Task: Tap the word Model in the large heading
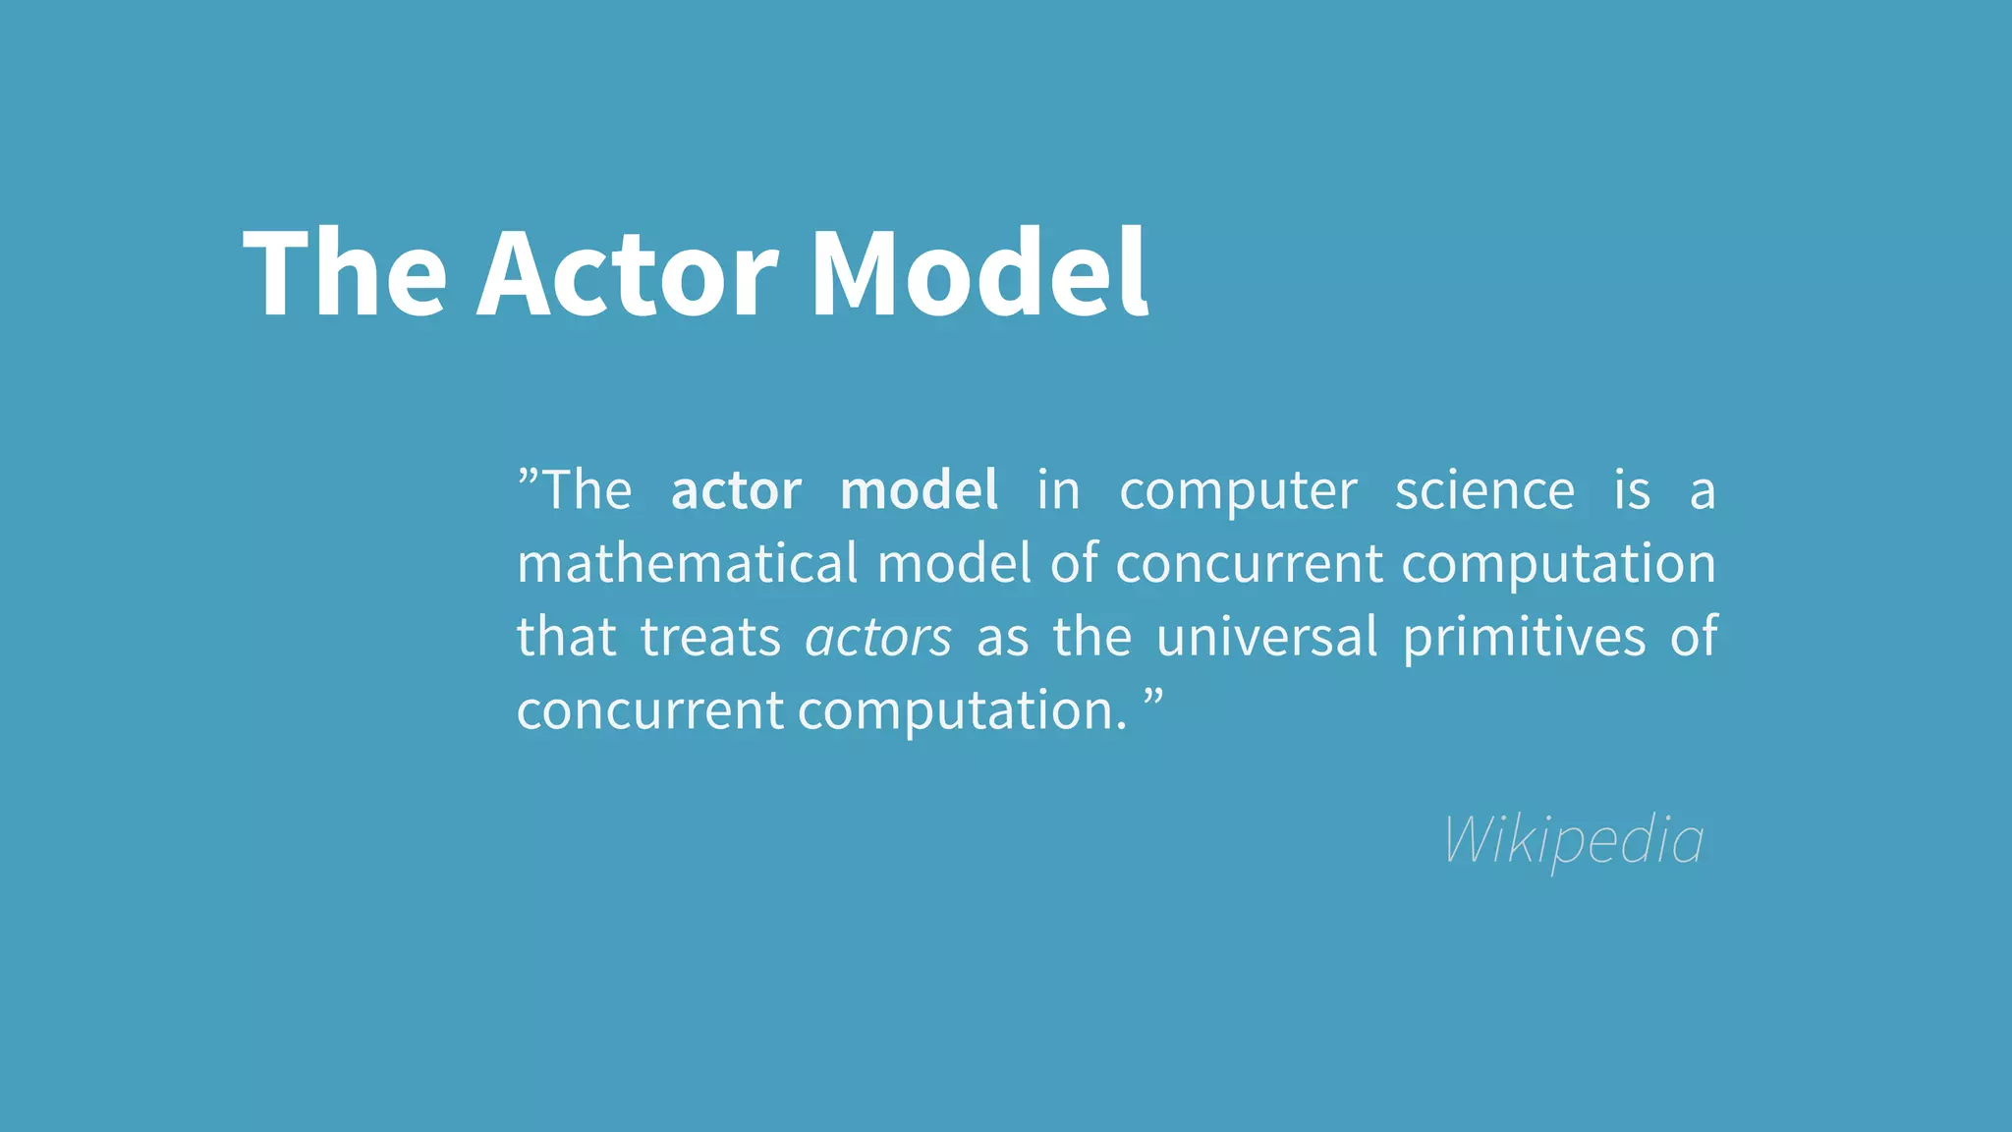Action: tap(978, 273)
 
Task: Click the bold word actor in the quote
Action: tap(736, 490)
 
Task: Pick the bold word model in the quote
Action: tap(920, 490)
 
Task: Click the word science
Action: tap(1484, 490)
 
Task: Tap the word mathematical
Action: tap(688, 564)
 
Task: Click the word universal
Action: tap(1267, 637)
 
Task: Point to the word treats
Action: tap(710, 638)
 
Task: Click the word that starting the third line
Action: tap(566, 638)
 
